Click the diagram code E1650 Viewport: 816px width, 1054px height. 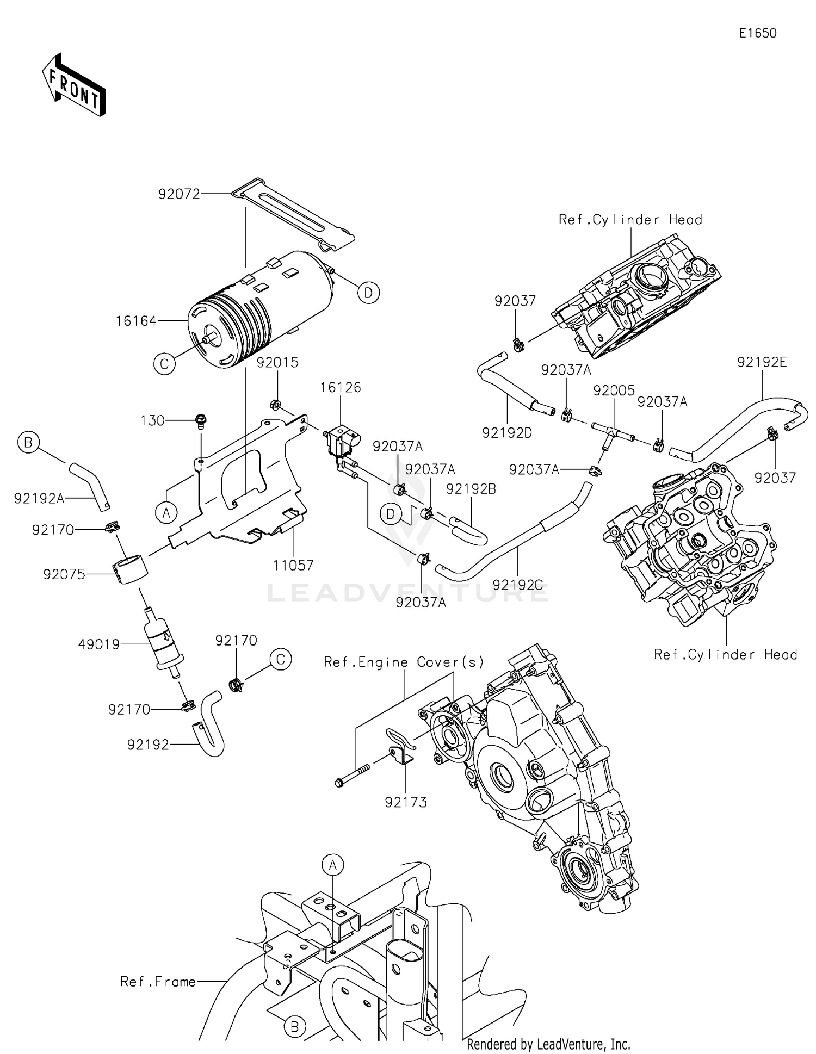[x=757, y=33]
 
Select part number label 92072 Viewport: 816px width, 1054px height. [x=179, y=194]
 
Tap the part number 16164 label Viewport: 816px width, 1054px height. [x=135, y=321]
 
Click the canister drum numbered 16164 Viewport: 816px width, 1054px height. [x=261, y=310]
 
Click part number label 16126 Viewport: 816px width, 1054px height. [x=341, y=388]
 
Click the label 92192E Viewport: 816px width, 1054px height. [x=762, y=362]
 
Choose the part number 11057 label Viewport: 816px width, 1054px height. [x=293, y=566]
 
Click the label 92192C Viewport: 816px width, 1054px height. [x=517, y=585]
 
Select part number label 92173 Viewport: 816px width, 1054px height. [x=406, y=802]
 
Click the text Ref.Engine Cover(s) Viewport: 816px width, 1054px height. [x=404, y=662]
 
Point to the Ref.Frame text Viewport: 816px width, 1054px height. [x=158, y=982]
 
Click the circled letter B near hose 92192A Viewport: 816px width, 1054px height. [x=28, y=442]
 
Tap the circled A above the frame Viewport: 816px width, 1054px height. [x=333, y=864]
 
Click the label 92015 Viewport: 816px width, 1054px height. [x=277, y=363]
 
